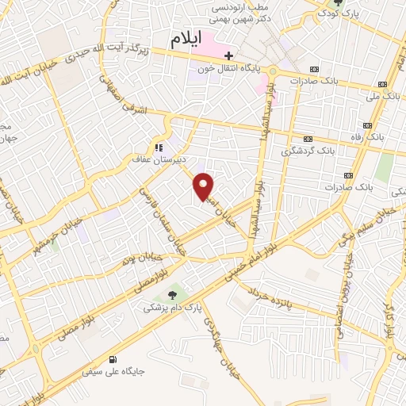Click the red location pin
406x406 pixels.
point(204,186)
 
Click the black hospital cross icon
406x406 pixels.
point(228,56)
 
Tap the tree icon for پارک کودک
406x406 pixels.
point(339,2)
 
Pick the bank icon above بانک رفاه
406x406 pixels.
point(366,125)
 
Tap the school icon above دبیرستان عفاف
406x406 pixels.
point(159,147)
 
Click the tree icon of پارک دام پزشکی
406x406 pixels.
point(172,296)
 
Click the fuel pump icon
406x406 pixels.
point(121,358)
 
